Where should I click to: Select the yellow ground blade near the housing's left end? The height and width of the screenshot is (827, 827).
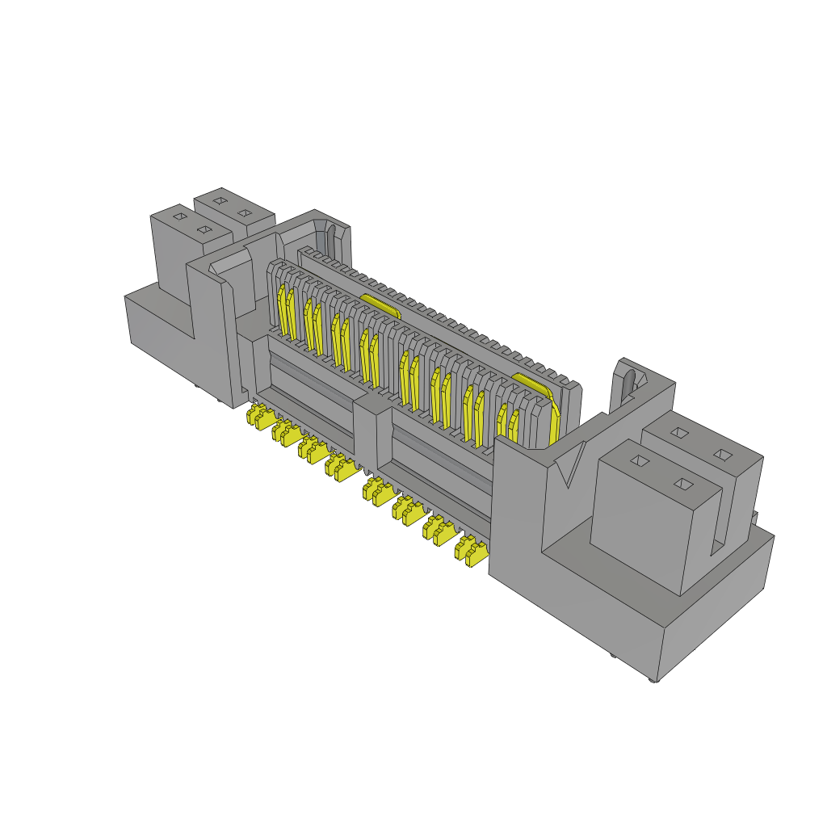pyautogui.click(x=380, y=305)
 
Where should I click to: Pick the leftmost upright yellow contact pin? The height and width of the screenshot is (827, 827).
pyautogui.click(x=283, y=311)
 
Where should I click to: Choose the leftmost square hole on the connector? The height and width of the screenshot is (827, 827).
pyautogui.click(x=180, y=216)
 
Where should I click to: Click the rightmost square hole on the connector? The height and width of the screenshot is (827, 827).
pyautogui.click(x=724, y=455)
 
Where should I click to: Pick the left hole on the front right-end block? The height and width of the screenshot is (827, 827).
pyautogui.click(x=640, y=460)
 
